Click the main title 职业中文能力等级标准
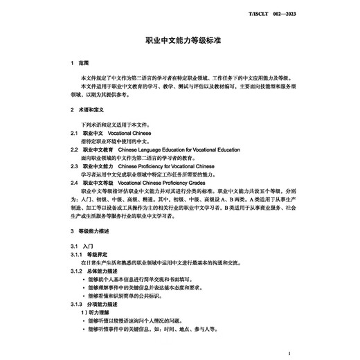(179, 41)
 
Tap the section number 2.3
(74, 167)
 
